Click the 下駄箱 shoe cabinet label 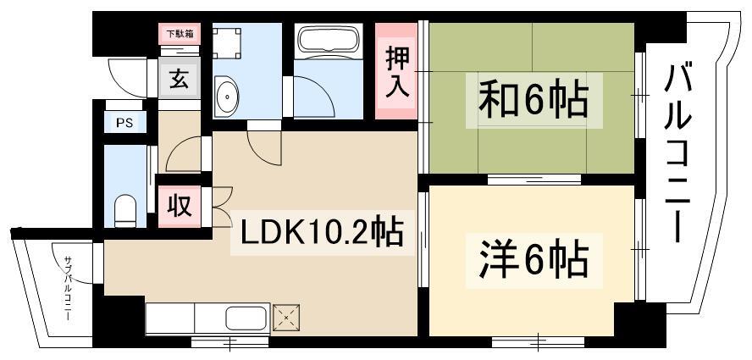point(180,34)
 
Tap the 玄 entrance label point(179,80)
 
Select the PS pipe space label point(124,122)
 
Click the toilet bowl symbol point(125,211)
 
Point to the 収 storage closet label point(180,207)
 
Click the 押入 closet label point(397,71)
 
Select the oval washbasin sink point(226,96)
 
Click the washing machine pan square point(227,43)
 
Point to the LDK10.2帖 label point(321,233)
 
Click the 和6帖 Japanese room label point(534,100)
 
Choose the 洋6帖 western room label point(534,261)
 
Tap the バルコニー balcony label point(677,153)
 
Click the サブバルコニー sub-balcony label point(68,287)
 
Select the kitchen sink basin point(246,318)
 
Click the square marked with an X point(286,318)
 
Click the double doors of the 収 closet point(222,207)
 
